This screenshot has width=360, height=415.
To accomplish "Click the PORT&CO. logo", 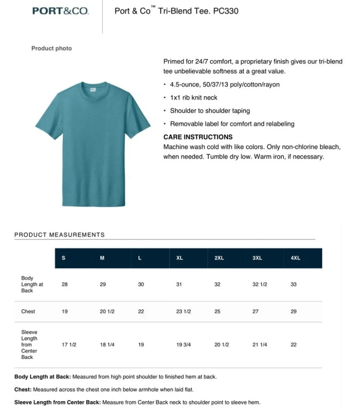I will pos(60,11).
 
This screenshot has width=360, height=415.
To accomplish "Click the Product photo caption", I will pos(51,49).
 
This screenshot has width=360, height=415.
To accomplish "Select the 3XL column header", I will pos(257,258).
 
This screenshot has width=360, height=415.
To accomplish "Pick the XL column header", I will pos(179,258).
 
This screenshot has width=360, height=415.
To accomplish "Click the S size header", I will pos(63,258).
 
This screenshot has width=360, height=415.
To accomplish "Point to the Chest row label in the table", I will pos(28,312).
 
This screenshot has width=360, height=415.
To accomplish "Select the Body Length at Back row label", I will pos(32,284).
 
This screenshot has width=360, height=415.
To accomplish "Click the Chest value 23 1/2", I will pos(183,312).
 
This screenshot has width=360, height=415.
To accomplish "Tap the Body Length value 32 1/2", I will pos(260,284).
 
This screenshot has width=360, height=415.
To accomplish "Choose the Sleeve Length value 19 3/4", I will pos(183,345).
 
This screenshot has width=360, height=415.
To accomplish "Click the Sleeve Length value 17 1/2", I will pos(69,345).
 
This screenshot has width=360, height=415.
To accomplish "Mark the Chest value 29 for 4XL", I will pos(294,312).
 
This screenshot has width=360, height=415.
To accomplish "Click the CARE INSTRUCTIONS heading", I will pos(198,137).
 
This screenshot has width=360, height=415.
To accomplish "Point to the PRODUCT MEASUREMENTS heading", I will pos(59,235).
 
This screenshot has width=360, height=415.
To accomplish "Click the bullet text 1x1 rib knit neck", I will pos(194,98).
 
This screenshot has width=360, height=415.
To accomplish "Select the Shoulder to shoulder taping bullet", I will pos(210,111).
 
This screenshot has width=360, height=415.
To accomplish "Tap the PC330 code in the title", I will pos(226,11).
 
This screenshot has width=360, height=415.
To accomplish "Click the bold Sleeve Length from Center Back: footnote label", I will pos(57,402).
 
